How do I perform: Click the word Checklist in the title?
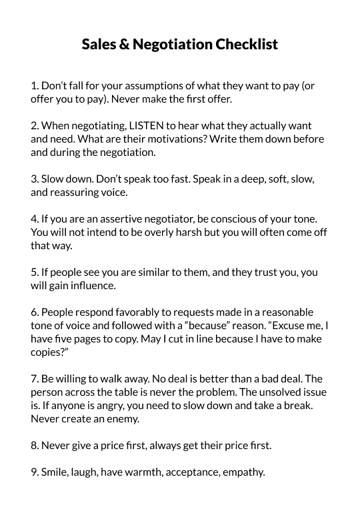246,45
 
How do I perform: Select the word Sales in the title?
99,45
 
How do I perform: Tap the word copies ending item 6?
47,352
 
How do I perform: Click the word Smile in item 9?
55,472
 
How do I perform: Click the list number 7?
35,379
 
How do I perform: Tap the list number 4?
35,219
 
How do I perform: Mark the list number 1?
34,85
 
